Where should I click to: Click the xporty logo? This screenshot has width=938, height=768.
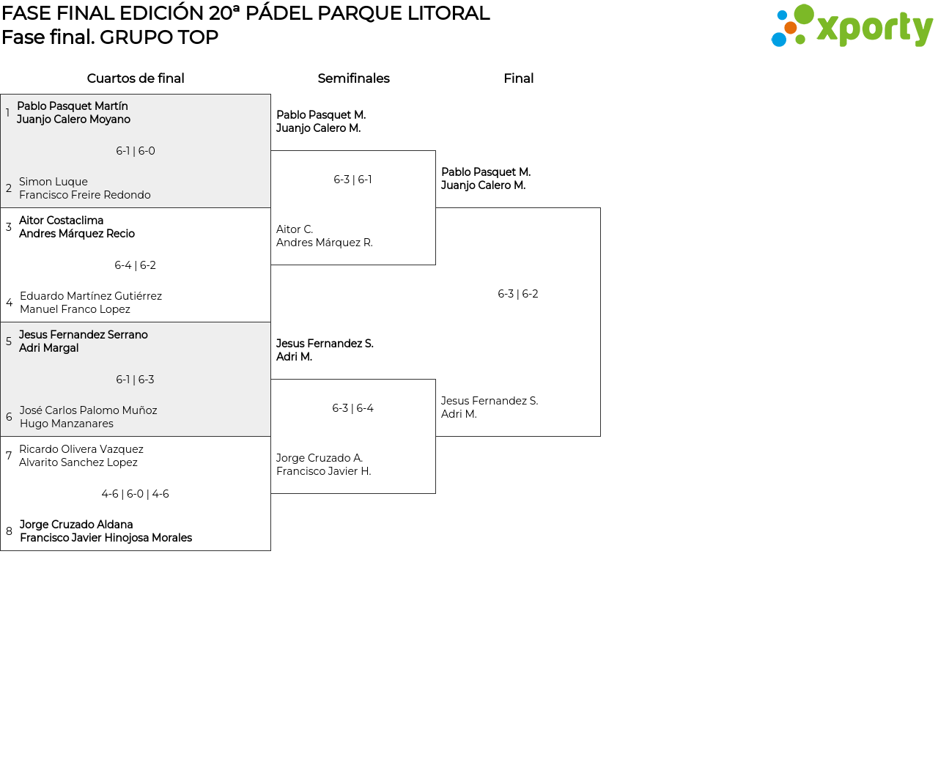tap(852, 27)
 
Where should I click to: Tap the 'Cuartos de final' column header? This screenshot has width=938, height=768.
tap(136, 78)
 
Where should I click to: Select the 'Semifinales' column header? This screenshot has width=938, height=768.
tap(353, 78)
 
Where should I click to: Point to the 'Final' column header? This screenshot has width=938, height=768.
tap(518, 78)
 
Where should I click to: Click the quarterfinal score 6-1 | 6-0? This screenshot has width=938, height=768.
tap(136, 151)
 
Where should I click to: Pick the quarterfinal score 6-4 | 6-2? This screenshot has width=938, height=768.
tap(136, 265)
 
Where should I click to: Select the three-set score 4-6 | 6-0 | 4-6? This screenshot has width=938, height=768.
tap(136, 494)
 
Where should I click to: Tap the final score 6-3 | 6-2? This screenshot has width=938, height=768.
tap(518, 294)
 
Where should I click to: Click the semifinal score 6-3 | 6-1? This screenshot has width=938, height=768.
tap(353, 180)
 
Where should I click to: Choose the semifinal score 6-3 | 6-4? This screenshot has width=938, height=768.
tap(353, 408)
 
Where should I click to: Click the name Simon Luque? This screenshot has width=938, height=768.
tap(53, 182)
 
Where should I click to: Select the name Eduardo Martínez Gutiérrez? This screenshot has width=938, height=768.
tap(91, 296)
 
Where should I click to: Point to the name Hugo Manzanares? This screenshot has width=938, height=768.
tap(67, 424)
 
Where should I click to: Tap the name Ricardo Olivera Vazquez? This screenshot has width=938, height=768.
tap(81, 449)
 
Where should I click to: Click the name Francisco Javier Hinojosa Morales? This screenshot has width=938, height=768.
tap(106, 538)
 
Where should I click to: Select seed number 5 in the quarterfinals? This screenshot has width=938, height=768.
tap(9, 341)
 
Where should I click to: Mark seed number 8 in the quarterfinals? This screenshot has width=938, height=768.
tap(9, 531)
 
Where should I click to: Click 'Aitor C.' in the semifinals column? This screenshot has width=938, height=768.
tap(295, 229)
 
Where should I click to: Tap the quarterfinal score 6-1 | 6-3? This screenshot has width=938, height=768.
tap(136, 380)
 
